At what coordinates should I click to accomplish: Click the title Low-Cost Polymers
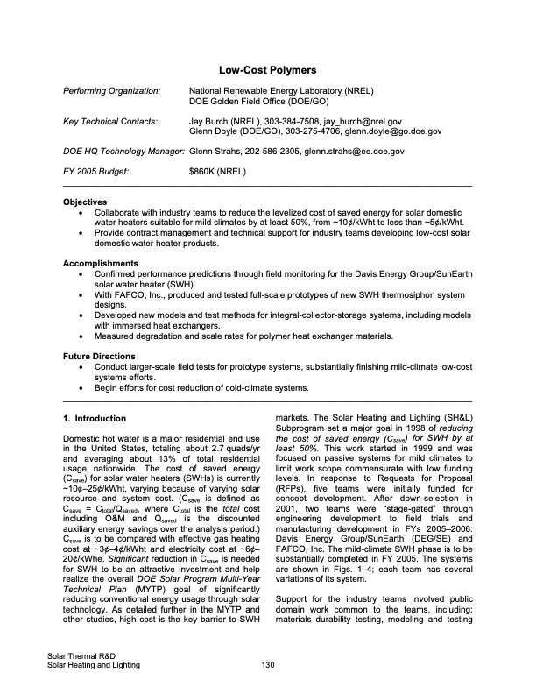(268, 69)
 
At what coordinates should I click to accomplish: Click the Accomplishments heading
(101, 263)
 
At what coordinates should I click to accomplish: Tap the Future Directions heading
(99, 357)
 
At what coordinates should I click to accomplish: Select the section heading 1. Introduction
(101, 418)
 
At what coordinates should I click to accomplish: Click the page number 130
(268, 665)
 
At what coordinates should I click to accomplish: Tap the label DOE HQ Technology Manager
(123, 151)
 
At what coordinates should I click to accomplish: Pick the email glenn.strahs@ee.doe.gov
(354, 151)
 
